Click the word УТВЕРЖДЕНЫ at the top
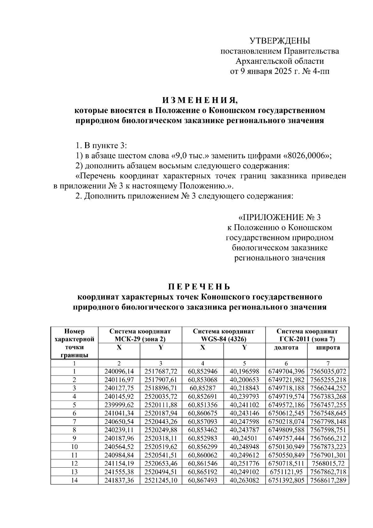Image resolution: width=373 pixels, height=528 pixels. pyautogui.click(x=280, y=41)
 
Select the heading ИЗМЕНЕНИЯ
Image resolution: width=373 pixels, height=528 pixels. pyautogui.click(x=200, y=100)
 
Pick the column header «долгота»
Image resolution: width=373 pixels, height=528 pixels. pyautogui.click(x=286, y=348)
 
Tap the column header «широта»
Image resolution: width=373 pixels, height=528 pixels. pyautogui.click(x=328, y=348)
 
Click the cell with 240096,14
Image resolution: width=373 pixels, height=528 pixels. pyautogui.click(x=119, y=371)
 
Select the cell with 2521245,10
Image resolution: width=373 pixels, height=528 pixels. pyautogui.click(x=161, y=480)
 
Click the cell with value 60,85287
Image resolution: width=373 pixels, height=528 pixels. pyautogui.click(x=203, y=388)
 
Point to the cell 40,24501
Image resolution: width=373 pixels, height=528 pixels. pyautogui.click(x=244, y=438)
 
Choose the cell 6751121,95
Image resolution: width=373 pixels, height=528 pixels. pyautogui.click(x=286, y=472)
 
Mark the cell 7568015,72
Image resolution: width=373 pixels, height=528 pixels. pyautogui.click(x=328, y=464)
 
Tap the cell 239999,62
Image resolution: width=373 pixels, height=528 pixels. pyautogui.click(x=119, y=405)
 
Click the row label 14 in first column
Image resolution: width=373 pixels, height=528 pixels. pyautogui.click(x=74, y=480)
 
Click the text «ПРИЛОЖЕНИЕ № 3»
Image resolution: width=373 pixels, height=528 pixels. pyautogui.click(x=279, y=217)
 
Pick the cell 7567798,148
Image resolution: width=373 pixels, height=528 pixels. pyautogui.click(x=328, y=422)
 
